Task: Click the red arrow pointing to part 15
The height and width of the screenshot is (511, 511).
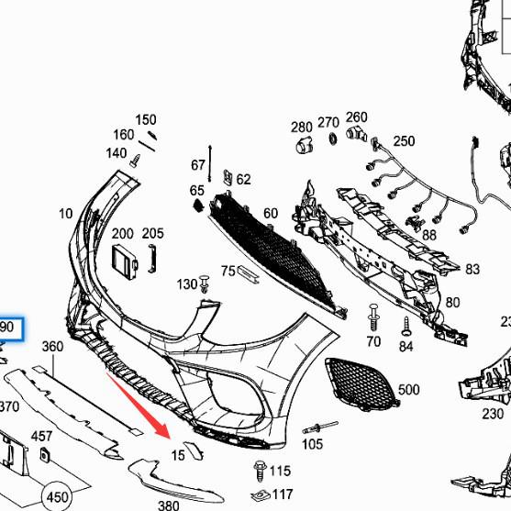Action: pyautogui.click(x=139, y=403)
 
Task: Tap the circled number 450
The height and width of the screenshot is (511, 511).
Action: pyautogui.click(x=57, y=496)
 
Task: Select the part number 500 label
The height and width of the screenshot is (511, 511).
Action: pyautogui.click(x=408, y=391)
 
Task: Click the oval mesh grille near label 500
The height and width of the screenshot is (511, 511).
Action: pyautogui.click(x=361, y=382)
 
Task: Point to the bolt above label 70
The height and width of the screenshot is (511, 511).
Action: pyautogui.click(x=372, y=316)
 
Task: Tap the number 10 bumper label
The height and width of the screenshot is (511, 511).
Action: pyautogui.click(x=65, y=214)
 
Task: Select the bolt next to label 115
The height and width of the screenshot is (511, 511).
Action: pyautogui.click(x=259, y=470)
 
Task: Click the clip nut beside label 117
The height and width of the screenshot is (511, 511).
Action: pyautogui.click(x=259, y=495)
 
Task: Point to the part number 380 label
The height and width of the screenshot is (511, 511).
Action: pyautogui.click(x=169, y=505)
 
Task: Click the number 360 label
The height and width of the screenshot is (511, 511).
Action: pyautogui.click(x=52, y=346)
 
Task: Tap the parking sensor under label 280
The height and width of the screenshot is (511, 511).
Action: pyautogui.click(x=302, y=147)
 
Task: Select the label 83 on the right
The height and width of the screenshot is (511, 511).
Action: pyautogui.click(x=472, y=270)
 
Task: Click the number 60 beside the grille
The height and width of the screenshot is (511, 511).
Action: pyautogui.click(x=270, y=214)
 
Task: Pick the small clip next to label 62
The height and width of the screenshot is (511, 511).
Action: pyautogui.click(x=227, y=176)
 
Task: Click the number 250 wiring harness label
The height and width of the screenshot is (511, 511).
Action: pyautogui.click(x=404, y=140)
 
